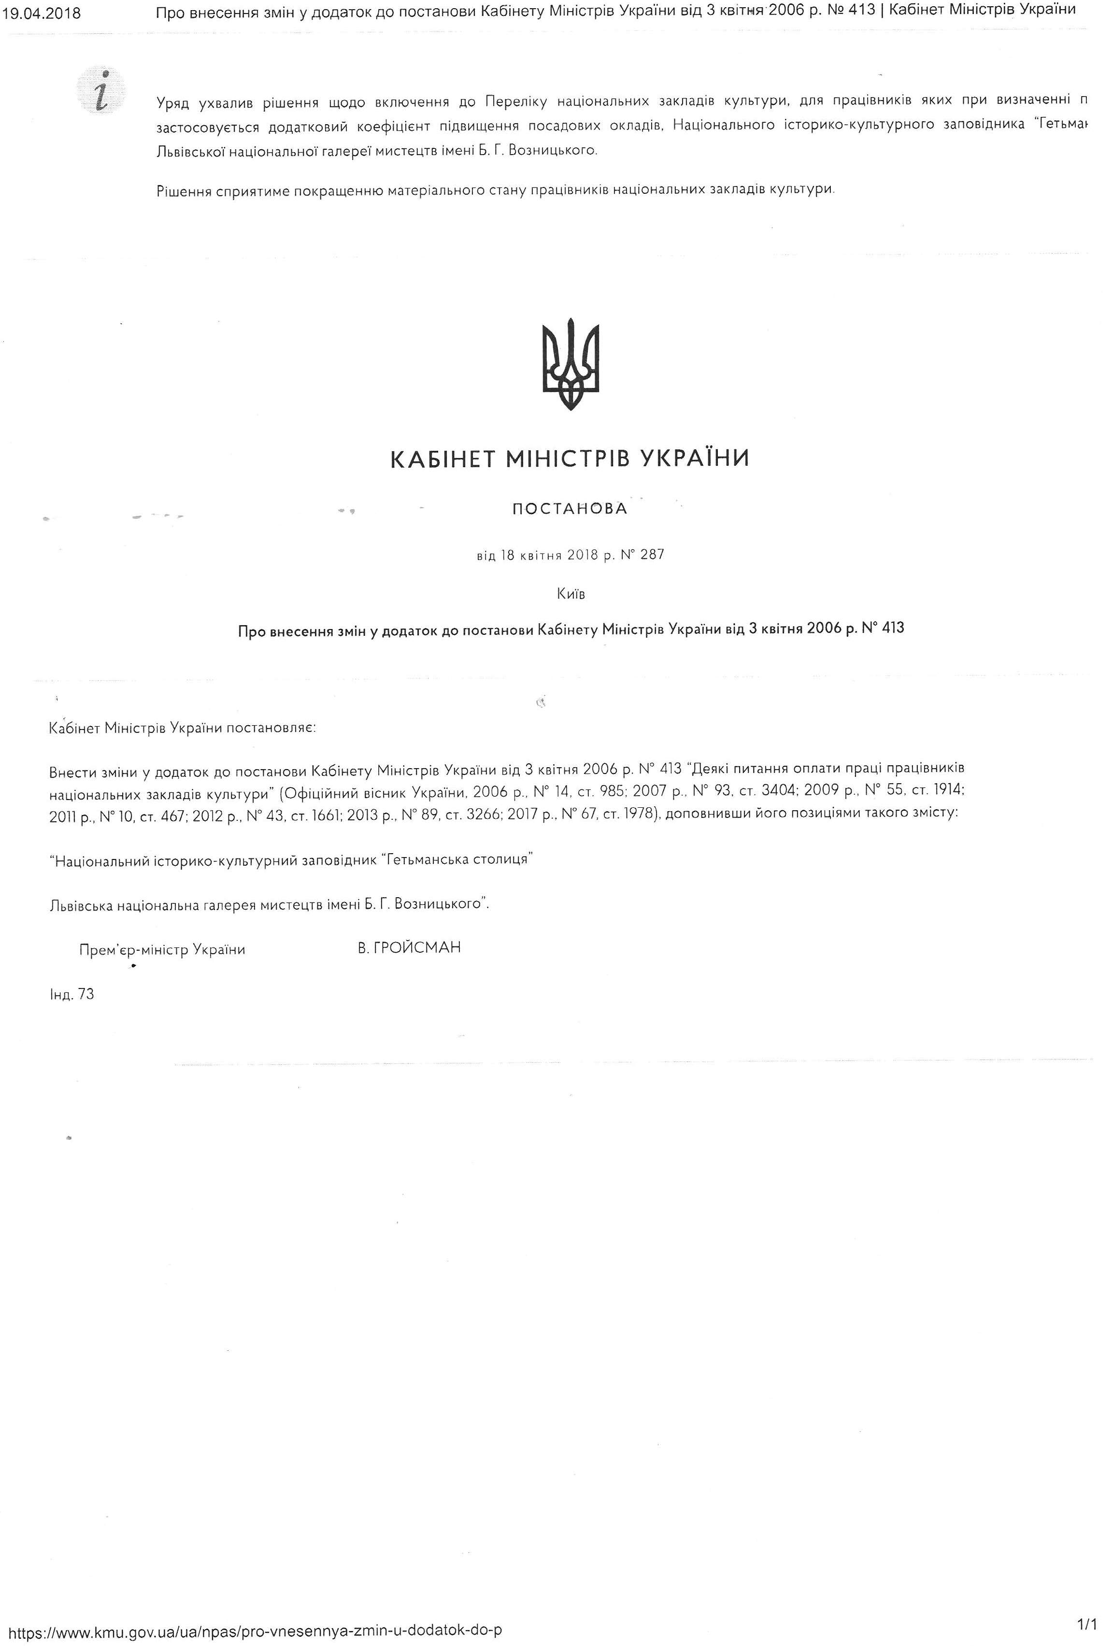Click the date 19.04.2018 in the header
click(43, 13)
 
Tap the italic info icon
click(103, 91)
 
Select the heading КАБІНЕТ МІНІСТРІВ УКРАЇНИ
click(570, 459)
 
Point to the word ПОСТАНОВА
click(570, 509)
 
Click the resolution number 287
click(652, 555)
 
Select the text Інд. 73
click(71, 994)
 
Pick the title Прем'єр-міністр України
click(162, 949)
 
